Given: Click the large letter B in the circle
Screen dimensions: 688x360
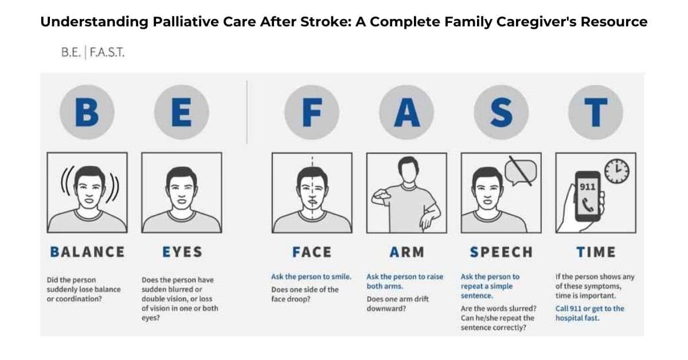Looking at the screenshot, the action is point(87,112).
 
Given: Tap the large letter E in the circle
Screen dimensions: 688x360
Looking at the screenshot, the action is point(182,112).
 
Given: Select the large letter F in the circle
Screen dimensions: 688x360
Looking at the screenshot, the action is point(312,112).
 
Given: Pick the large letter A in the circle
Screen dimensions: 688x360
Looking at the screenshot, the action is point(407,112).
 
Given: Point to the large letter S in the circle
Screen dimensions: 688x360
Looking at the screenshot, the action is point(502,112).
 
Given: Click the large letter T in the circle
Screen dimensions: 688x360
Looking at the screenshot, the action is point(596,112).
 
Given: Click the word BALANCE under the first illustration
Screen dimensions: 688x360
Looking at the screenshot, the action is point(87,252).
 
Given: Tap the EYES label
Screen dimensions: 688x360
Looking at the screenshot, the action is point(182,252).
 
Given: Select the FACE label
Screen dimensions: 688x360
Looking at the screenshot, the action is point(312,252).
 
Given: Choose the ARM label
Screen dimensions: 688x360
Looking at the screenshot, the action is point(407,252).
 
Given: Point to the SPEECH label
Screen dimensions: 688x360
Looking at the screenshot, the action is point(502,252).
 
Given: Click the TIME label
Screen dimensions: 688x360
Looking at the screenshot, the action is point(596,252).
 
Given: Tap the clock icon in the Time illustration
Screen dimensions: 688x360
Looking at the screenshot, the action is point(617,171).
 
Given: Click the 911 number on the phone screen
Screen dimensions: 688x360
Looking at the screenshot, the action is point(588,187).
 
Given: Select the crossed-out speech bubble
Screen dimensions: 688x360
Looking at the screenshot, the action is point(521,171).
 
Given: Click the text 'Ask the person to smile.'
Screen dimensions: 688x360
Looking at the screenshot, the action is point(311,277).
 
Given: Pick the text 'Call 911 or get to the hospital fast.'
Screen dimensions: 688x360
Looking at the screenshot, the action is point(590,314).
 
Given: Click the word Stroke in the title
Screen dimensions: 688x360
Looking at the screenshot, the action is point(326,22).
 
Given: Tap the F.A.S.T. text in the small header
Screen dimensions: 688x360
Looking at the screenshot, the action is point(107,53).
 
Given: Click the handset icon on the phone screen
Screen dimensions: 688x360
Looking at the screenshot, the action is point(588,205).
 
